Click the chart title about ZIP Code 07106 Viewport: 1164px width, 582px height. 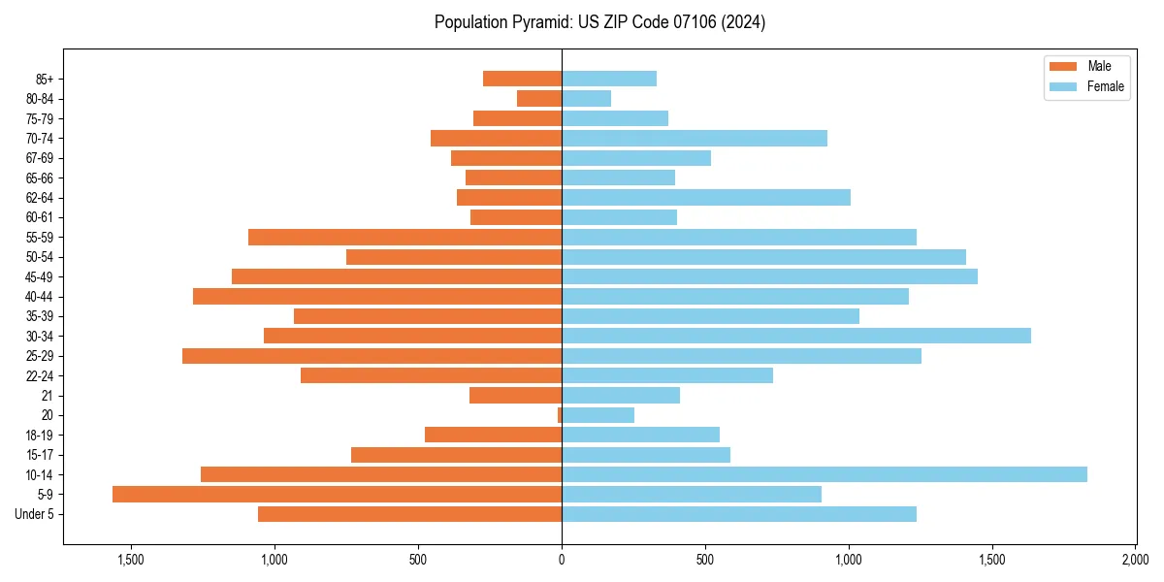599,22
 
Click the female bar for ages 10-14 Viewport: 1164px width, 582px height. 824,474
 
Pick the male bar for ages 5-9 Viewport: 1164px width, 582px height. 337,495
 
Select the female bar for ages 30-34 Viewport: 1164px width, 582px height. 795,336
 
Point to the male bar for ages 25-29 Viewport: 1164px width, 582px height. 372,356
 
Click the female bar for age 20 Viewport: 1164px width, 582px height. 598,415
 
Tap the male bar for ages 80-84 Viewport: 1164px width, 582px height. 539,98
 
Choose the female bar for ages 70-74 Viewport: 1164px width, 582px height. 694,138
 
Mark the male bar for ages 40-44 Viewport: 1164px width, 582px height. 377,296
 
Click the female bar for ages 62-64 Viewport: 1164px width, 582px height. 705,197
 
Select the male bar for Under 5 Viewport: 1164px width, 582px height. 409,514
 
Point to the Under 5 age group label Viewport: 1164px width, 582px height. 35,514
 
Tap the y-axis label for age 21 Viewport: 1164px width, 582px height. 48,396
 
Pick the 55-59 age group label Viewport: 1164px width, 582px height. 40,237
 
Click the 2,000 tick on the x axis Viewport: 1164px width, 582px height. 1135,560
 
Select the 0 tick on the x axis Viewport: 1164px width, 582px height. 562,560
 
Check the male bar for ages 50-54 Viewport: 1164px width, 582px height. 454,257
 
